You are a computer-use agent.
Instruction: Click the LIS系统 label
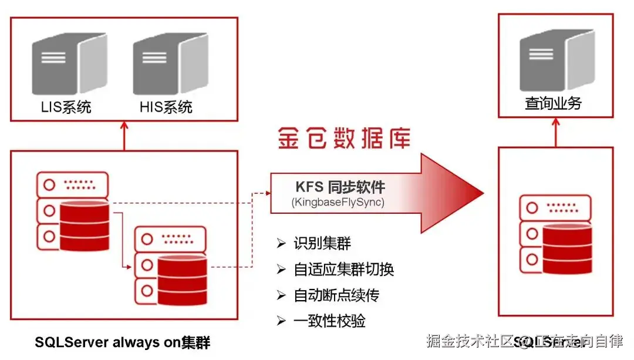tap(66, 107)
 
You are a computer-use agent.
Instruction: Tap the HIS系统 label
tap(166, 107)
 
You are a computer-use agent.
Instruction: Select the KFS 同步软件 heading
tap(340, 187)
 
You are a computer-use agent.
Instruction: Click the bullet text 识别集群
tap(322, 244)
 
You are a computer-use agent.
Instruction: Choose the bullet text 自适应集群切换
tap(343, 270)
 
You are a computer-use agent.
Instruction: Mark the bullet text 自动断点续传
tap(336, 295)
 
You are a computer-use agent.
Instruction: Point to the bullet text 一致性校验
tap(329, 321)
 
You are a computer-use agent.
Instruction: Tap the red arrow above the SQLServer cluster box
tap(124, 136)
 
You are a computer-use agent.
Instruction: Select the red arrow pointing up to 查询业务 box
tap(556, 132)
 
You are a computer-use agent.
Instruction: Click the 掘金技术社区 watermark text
tap(470, 341)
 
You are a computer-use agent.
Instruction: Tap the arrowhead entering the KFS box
tap(266, 193)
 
